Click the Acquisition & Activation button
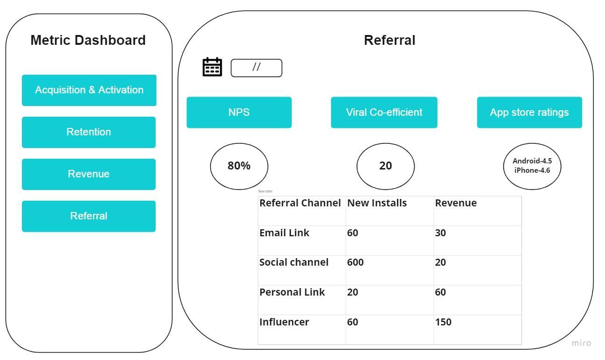coord(89,90)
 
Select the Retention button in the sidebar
coord(89,132)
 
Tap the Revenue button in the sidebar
coord(89,174)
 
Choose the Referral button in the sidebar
coord(89,216)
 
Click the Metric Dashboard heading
coord(88,40)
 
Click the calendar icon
coord(212,67)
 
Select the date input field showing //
coord(256,68)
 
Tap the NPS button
coord(239,113)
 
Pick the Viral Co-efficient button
coord(384,113)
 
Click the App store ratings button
coord(529,113)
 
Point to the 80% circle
coord(239,166)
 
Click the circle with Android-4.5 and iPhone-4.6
coord(532,166)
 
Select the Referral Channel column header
coord(300,204)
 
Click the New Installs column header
coord(377,204)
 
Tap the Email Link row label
coord(284,233)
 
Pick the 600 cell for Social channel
coord(355,263)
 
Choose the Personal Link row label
coord(292,293)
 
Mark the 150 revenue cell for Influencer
coord(443,322)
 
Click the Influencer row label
coord(284,322)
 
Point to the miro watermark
coord(581,344)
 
